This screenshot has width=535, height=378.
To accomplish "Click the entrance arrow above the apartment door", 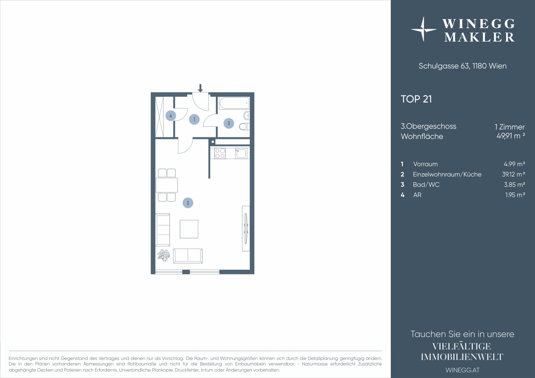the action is coord(200,88).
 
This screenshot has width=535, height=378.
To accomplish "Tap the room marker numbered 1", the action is coord(194,119).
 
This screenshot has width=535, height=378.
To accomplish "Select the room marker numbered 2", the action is coord(188,203).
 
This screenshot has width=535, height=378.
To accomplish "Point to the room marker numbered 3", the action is coord(229,124).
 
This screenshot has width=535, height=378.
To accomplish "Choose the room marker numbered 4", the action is coord(171,116).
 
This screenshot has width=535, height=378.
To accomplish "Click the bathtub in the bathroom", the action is coord(234,103).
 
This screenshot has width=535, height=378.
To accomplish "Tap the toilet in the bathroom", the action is coord(244,126).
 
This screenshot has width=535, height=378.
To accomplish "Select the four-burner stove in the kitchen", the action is coord(220,153).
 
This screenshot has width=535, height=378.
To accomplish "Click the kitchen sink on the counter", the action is coord(241,154).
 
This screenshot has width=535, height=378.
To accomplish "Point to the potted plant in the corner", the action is coord(164,255).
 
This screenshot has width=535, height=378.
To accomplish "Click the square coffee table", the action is coord(189,229).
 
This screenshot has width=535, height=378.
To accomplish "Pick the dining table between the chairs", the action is coord(167,185).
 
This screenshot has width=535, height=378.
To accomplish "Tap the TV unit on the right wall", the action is coord(246,229).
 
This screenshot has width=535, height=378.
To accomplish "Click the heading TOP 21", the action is coord(416,99).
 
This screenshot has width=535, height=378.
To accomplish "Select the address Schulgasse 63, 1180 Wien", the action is coord(463,66).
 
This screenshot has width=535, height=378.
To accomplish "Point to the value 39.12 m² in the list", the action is coord(514,174).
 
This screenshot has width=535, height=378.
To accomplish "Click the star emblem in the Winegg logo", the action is coord(423,29).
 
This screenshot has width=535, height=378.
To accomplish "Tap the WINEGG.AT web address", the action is coord(463,370).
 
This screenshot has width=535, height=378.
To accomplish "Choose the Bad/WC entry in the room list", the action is coord(426,184).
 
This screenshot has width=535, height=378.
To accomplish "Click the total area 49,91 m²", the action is coord(511,136).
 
